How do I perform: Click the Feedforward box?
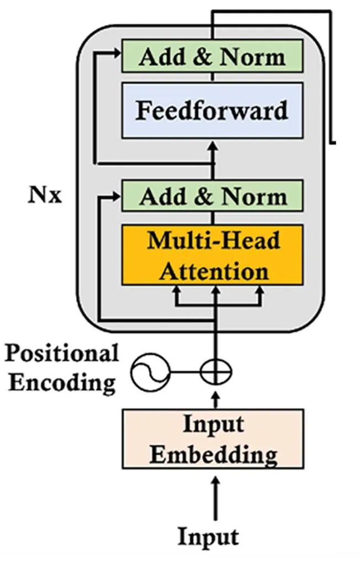pos(213,110)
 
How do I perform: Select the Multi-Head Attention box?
pos(213,255)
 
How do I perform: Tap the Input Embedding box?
pos(213,439)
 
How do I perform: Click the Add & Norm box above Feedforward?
pos(213,57)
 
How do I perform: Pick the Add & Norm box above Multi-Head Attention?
pos(213,196)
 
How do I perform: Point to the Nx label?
pos(45,196)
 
